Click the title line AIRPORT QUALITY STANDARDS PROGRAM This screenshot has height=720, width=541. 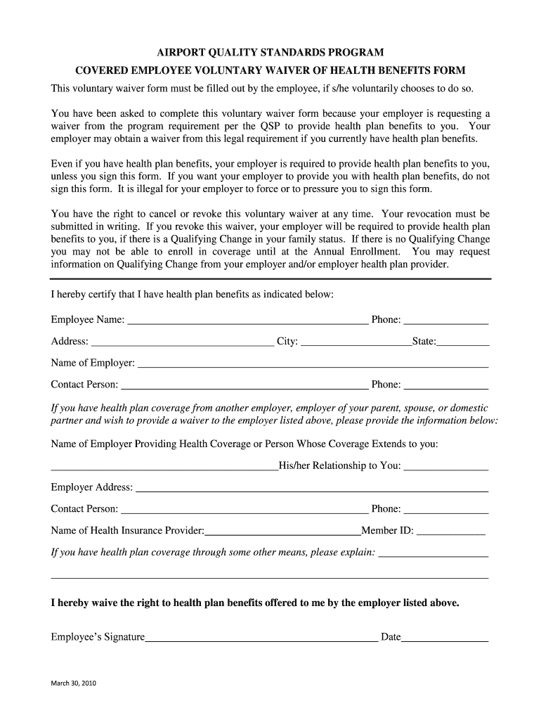270,53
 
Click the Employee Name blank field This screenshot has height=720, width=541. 247,321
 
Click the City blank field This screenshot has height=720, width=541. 356,342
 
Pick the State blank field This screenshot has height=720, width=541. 463,342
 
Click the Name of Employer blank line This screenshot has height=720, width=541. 313,364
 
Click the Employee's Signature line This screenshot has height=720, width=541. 261,638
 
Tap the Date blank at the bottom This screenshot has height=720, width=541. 445,638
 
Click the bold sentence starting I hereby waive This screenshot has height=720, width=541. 255,603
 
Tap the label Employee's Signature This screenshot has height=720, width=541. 98,637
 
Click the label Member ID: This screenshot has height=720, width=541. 387,531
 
